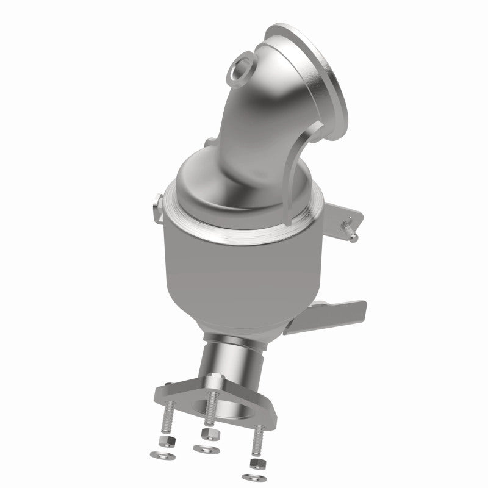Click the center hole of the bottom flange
tap(238, 406)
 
